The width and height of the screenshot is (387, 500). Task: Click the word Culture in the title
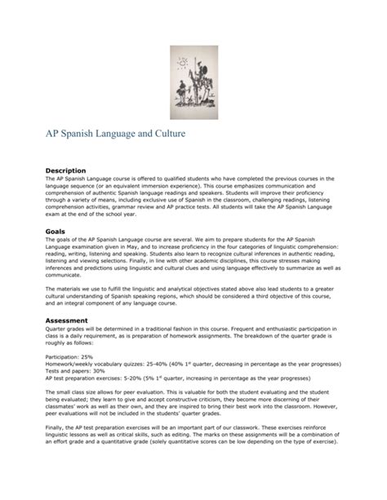[x=202, y=130]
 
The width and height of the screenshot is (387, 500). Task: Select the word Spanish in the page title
[x=78, y=130]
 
